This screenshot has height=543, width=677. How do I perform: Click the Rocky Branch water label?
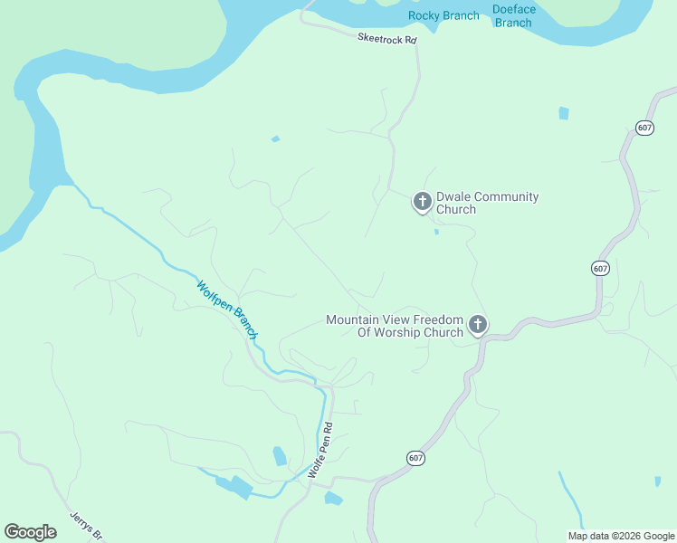(x=443, y=15)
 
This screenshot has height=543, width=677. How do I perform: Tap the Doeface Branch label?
(x=513, y=15)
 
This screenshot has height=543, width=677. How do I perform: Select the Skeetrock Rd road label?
(x=386, y=40)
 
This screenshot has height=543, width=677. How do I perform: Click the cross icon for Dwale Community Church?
(x=422, y=201)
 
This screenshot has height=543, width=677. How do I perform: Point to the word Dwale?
(x=453, y=196)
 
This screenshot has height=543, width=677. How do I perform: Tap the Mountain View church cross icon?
(x=478, y=324)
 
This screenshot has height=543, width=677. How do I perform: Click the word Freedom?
(x=438, y=319)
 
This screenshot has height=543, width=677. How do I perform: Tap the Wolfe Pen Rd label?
(x=320, y=451)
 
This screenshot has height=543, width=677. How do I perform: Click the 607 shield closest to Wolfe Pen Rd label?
(x=415, y=459)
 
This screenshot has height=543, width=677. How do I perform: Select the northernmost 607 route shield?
(x=644, y=128)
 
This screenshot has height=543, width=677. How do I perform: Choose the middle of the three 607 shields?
(x=601, y=268)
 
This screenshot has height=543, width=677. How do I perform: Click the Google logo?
(x=30, y=532)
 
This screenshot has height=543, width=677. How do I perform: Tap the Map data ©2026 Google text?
(x=620, y=536)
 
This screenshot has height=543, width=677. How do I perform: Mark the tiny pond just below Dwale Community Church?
(x=436, y=232)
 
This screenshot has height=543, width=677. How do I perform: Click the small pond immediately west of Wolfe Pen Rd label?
(x=280, y=455)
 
